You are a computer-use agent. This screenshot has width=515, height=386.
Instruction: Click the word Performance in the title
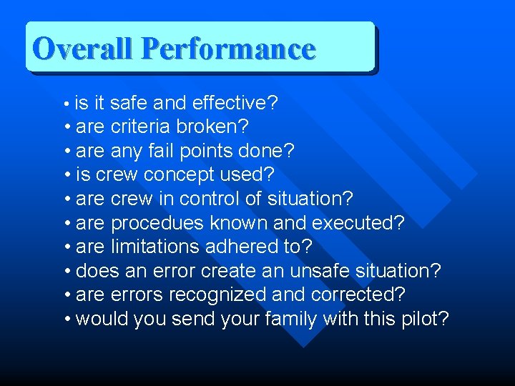click(x=228, y=49)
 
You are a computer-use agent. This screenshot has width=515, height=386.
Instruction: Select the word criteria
click(x=141, y=127)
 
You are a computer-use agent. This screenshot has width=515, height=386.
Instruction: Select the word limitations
click(x=155, y=247)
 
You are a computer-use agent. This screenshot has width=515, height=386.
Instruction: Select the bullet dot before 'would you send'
click(x=67, y=319)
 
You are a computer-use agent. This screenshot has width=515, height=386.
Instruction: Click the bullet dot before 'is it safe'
click(x=66, y=104)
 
